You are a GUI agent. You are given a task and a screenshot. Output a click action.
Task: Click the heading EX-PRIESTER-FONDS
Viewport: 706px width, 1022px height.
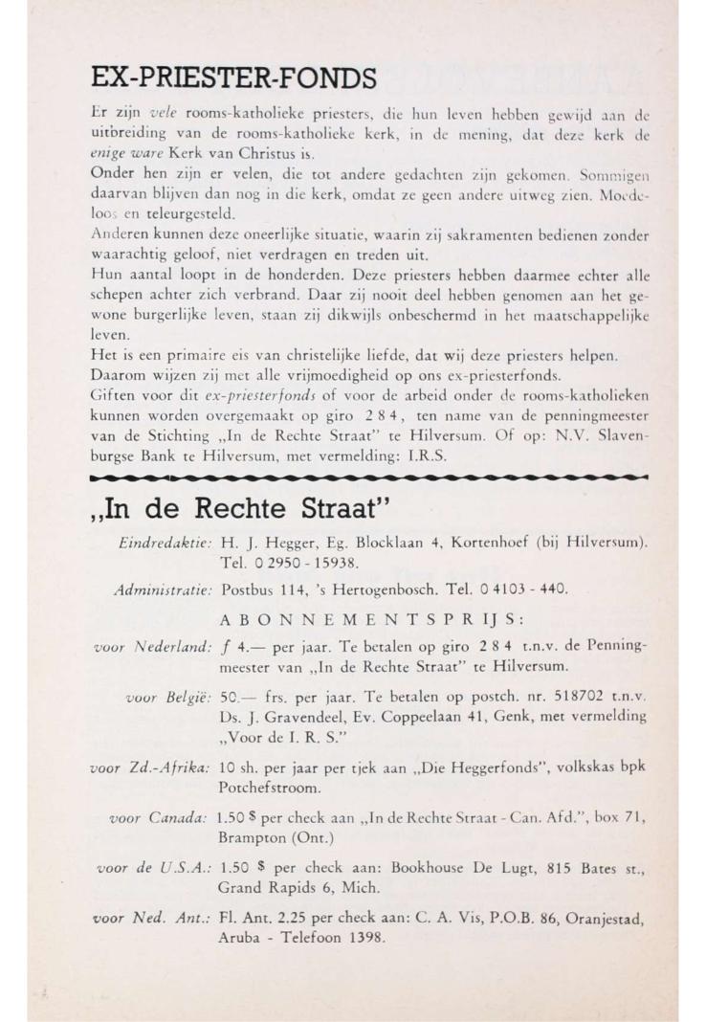click(x=232, y=76)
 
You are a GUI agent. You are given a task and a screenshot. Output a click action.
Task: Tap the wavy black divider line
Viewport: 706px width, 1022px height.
click(x=368, y=474)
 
